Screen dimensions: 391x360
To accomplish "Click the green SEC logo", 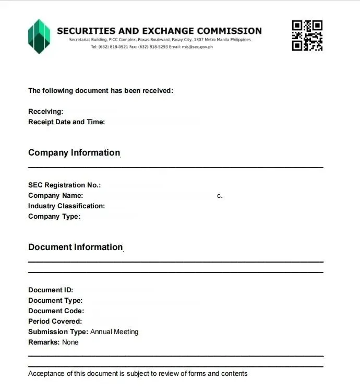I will coord(39,36).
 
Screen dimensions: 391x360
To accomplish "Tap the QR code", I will coord(307,35).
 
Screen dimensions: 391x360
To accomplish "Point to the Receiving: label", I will coord(45,112).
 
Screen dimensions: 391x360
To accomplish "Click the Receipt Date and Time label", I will coord(66,122).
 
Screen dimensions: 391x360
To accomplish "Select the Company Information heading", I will coord(74,152).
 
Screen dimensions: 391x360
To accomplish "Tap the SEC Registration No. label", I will coord(64,185).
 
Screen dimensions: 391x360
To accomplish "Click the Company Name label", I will coord(55,196).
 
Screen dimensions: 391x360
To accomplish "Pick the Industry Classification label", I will coord(66,206).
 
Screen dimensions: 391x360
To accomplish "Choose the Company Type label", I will coord(54,217).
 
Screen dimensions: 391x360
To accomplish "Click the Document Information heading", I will coord(75,247).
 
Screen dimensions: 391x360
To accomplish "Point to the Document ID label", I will coord(51,290).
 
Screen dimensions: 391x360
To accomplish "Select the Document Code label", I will coord(56,311).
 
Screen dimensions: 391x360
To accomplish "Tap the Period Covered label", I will coord(55,322).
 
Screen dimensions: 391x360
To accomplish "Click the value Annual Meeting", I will coord(114,332).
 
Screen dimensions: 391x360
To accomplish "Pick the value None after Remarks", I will coord(70,342).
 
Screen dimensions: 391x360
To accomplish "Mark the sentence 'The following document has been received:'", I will coord(100,91).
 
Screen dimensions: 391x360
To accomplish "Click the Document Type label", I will coord(55,301).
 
